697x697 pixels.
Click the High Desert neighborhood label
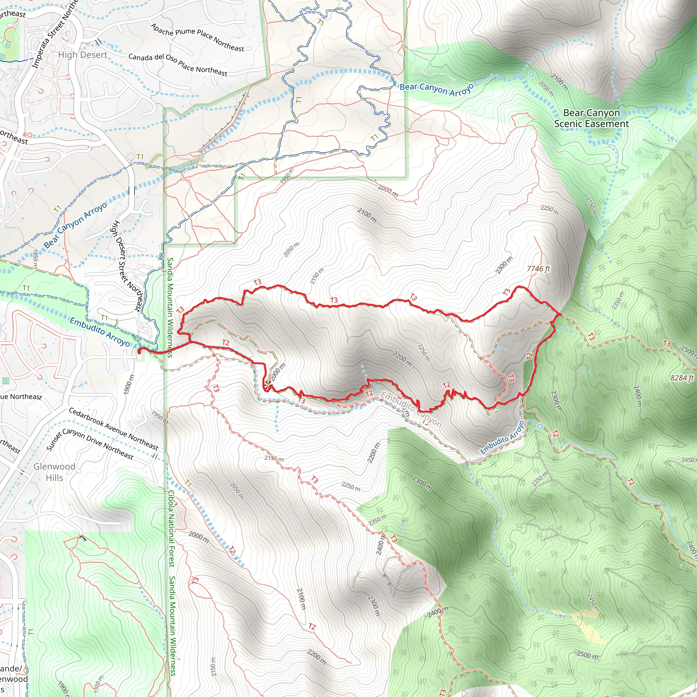click(83, 55)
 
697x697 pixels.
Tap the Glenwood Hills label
click(54, 472)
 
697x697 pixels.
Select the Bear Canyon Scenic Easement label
click(591, 118)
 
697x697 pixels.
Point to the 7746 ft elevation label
click(538, 269)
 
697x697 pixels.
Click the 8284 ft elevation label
click(682, 378)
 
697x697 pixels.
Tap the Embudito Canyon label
click(411, 410)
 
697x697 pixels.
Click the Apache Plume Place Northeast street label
click(197, 37)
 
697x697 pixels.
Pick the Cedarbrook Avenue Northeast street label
click(113, 429)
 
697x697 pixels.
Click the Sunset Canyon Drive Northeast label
click(90, 443)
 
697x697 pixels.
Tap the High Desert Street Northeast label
click(127, 266)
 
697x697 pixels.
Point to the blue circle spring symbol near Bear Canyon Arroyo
click(531, 74)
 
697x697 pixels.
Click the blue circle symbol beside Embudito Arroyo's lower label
click(540, 426)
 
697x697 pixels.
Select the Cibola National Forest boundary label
click(172, 529)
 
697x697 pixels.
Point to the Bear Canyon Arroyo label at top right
click(436, 89)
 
